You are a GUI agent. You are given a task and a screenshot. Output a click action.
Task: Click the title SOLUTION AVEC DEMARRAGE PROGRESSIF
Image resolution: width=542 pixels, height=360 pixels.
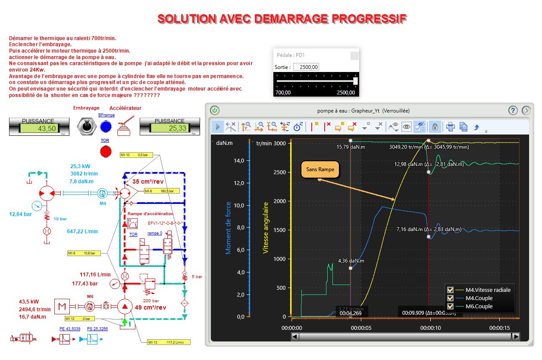click(282, 19)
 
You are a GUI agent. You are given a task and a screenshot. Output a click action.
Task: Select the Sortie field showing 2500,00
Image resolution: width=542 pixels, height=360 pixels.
click(306, 67)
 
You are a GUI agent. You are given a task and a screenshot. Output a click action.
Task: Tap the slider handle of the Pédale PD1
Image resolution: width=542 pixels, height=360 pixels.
click(355, 81)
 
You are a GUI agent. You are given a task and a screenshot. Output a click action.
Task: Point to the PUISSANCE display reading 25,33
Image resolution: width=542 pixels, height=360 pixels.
click(169, 128)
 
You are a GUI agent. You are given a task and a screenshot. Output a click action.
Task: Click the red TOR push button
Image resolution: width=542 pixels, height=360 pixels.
click(106, 151)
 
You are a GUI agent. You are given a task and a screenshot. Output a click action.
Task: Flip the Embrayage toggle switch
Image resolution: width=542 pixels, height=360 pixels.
click(86, 126)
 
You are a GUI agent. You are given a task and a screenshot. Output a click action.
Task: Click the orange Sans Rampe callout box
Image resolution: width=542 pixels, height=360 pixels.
click(320, 169)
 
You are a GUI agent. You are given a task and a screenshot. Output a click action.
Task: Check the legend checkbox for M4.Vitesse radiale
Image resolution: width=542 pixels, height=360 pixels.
click(451, 290)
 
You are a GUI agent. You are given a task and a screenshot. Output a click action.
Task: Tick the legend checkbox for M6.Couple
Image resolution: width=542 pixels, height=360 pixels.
click(451, 307)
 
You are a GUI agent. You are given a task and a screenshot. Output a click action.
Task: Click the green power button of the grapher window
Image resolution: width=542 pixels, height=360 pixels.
click(215, 110)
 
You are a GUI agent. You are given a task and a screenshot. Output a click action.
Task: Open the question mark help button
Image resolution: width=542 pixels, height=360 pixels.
click(513, 110)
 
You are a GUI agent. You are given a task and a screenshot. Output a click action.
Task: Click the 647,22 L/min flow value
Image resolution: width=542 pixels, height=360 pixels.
click(82, 232)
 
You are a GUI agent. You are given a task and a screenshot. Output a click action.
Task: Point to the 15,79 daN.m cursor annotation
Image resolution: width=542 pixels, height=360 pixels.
click(351, 147)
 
